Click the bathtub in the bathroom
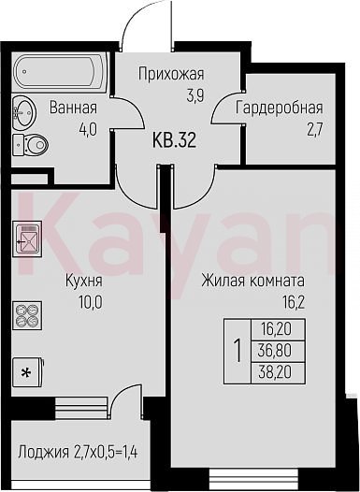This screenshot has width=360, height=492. (60, 72)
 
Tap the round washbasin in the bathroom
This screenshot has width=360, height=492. (24, 111)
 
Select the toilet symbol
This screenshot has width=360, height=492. (31, 145)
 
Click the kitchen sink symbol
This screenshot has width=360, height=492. (27, 239)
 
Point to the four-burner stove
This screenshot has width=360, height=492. (27, 315)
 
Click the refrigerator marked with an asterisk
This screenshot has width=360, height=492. (28, 372)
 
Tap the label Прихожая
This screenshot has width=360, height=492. (171, 75)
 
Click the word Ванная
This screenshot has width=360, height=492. (73, 108)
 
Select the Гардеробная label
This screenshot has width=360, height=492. (279, 109)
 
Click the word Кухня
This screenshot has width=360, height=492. (83, 282)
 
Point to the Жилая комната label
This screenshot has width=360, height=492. (252, 281)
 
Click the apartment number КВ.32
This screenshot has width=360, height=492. (174, 140)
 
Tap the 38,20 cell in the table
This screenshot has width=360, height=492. (275, 373)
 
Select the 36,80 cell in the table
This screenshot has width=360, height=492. (275, 351)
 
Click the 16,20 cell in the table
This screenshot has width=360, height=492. (275, 329)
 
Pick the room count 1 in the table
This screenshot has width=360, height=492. (238, 352)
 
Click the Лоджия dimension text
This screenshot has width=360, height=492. (78, 453)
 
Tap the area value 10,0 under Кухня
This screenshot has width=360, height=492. (91, 303)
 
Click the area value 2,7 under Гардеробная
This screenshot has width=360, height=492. (314, 129)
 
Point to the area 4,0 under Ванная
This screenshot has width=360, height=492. (89, 129)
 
